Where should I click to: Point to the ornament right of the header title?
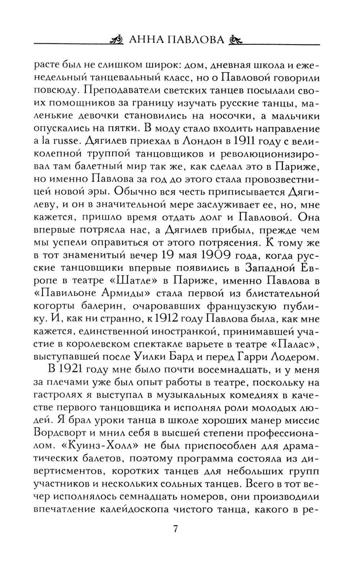coord(236,40)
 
